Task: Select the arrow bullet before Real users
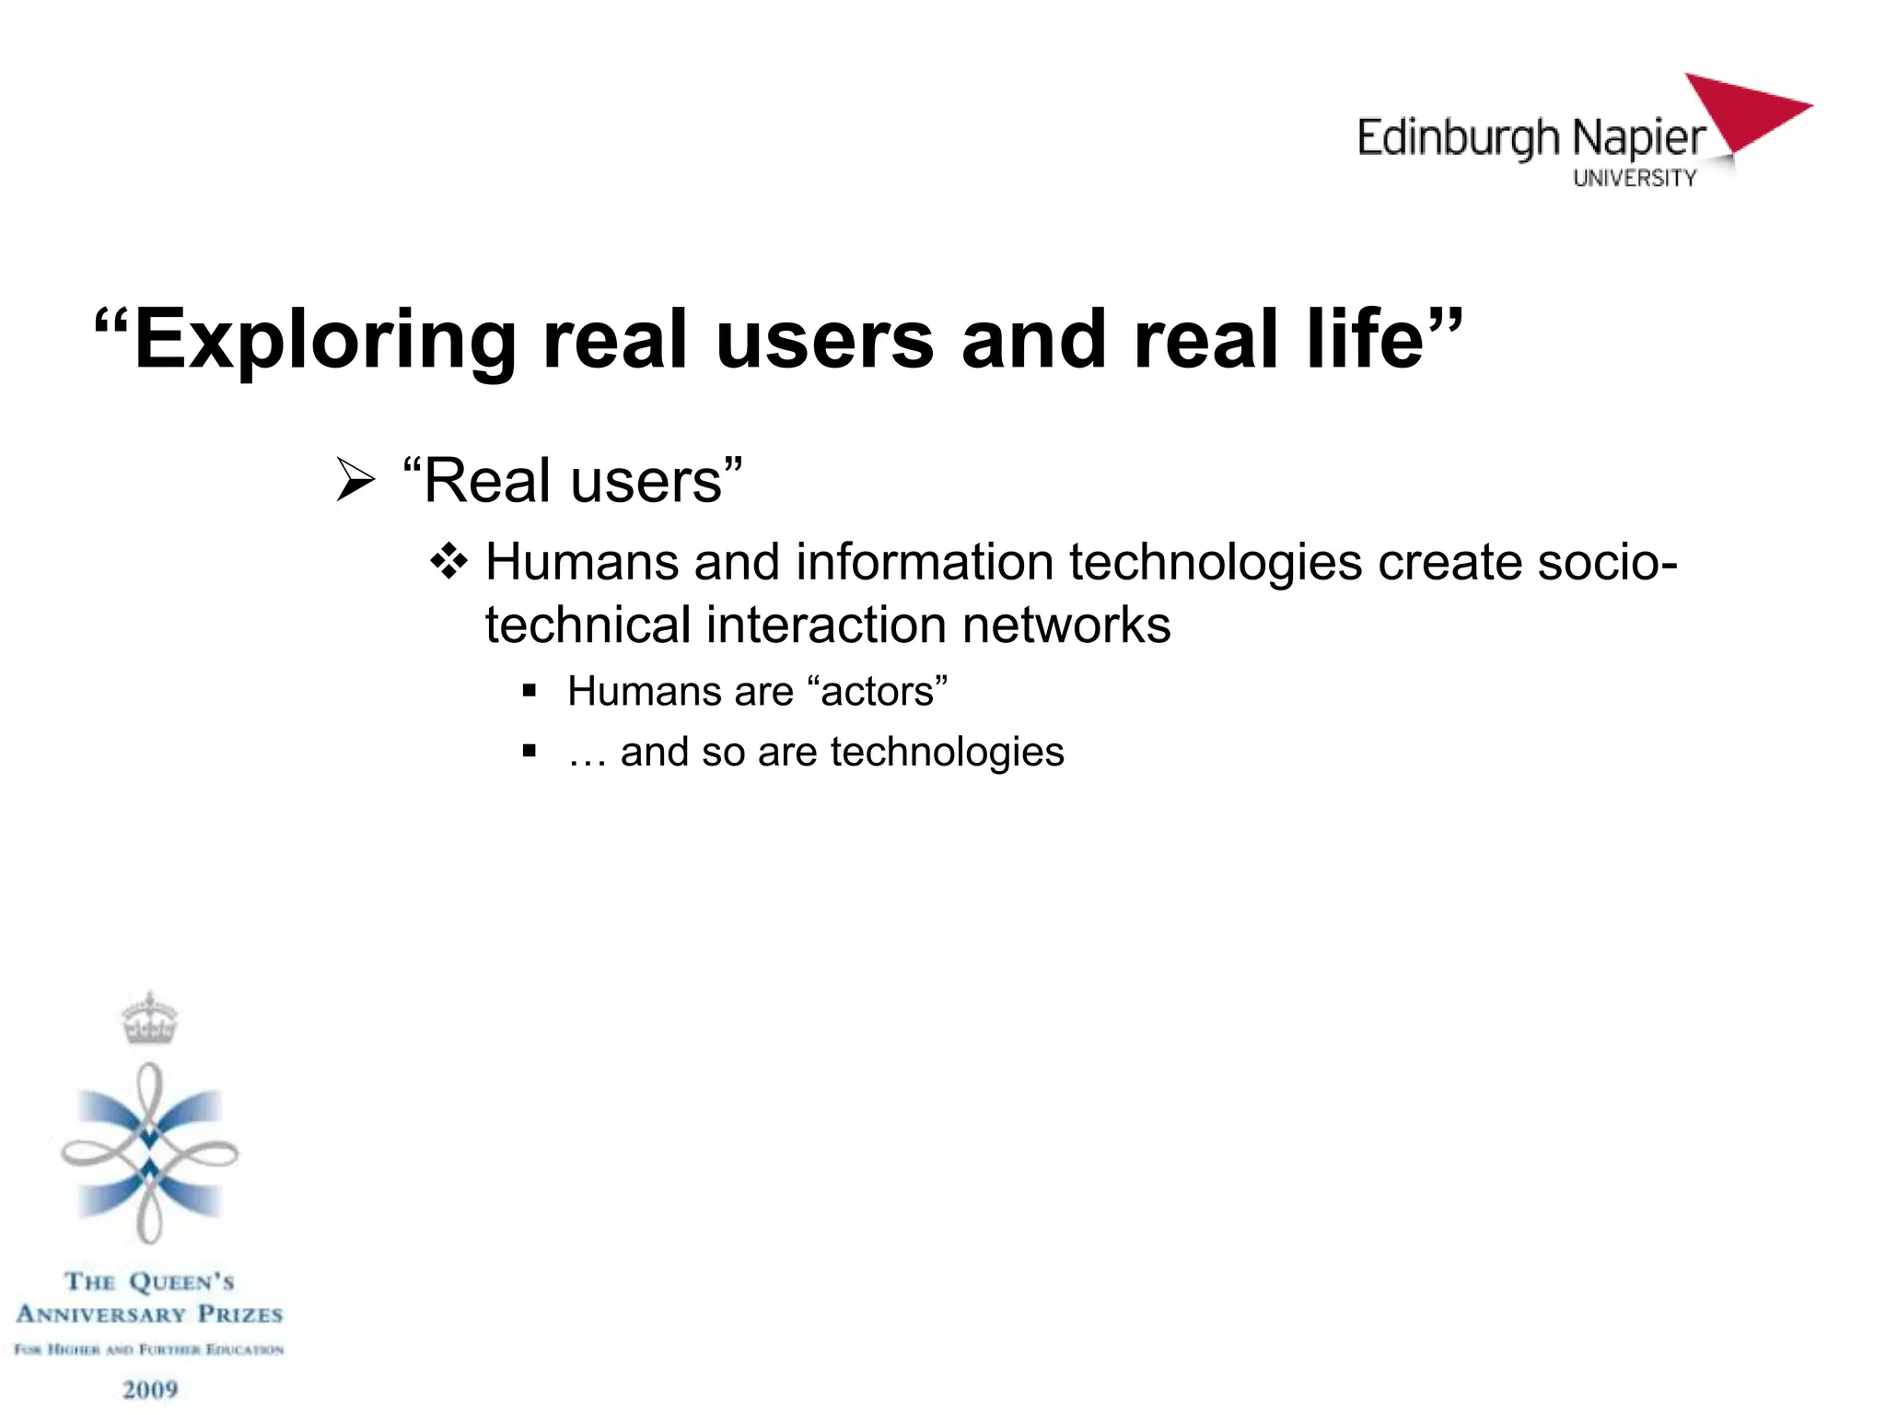(355, 480)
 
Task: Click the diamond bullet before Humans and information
(449, 561)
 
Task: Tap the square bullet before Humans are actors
(529, 691)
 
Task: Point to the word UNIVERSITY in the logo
(1635, 179)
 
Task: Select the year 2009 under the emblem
(150, 1389)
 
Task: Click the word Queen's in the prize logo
(181, 1282)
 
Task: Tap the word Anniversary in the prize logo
(100, 1315)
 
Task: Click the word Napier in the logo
(1638, 139)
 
